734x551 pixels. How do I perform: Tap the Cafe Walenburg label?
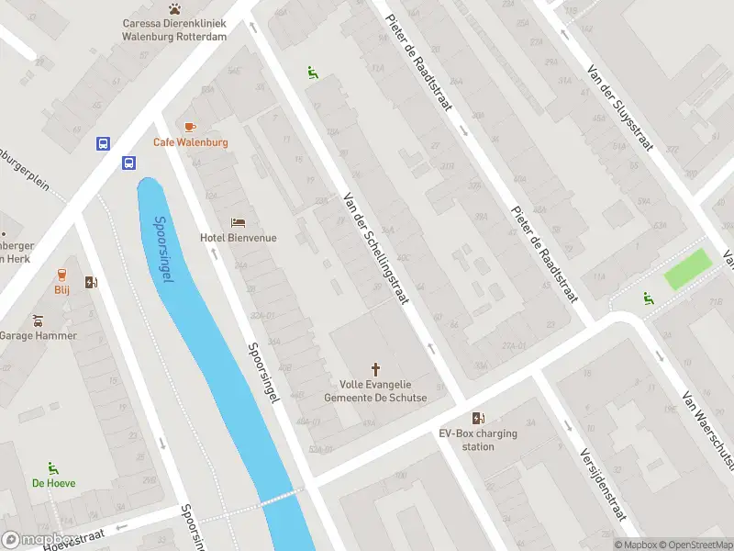[190, 142]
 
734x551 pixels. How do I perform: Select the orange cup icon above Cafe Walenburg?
[190, 127]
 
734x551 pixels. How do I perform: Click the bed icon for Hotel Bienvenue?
[239, 222]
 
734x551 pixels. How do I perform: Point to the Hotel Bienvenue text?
[239, 238]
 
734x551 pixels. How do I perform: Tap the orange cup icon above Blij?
[61, 274]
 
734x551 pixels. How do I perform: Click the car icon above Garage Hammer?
[38, 320]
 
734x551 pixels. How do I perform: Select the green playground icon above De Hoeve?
[54, 467]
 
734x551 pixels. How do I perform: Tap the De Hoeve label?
[54, 483]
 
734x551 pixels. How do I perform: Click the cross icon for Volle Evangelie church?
[375, 369]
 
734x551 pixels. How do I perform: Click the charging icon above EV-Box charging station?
[478, 418]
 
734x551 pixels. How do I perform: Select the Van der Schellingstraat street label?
[375, 249]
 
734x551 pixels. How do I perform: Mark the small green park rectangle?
[687, 269]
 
